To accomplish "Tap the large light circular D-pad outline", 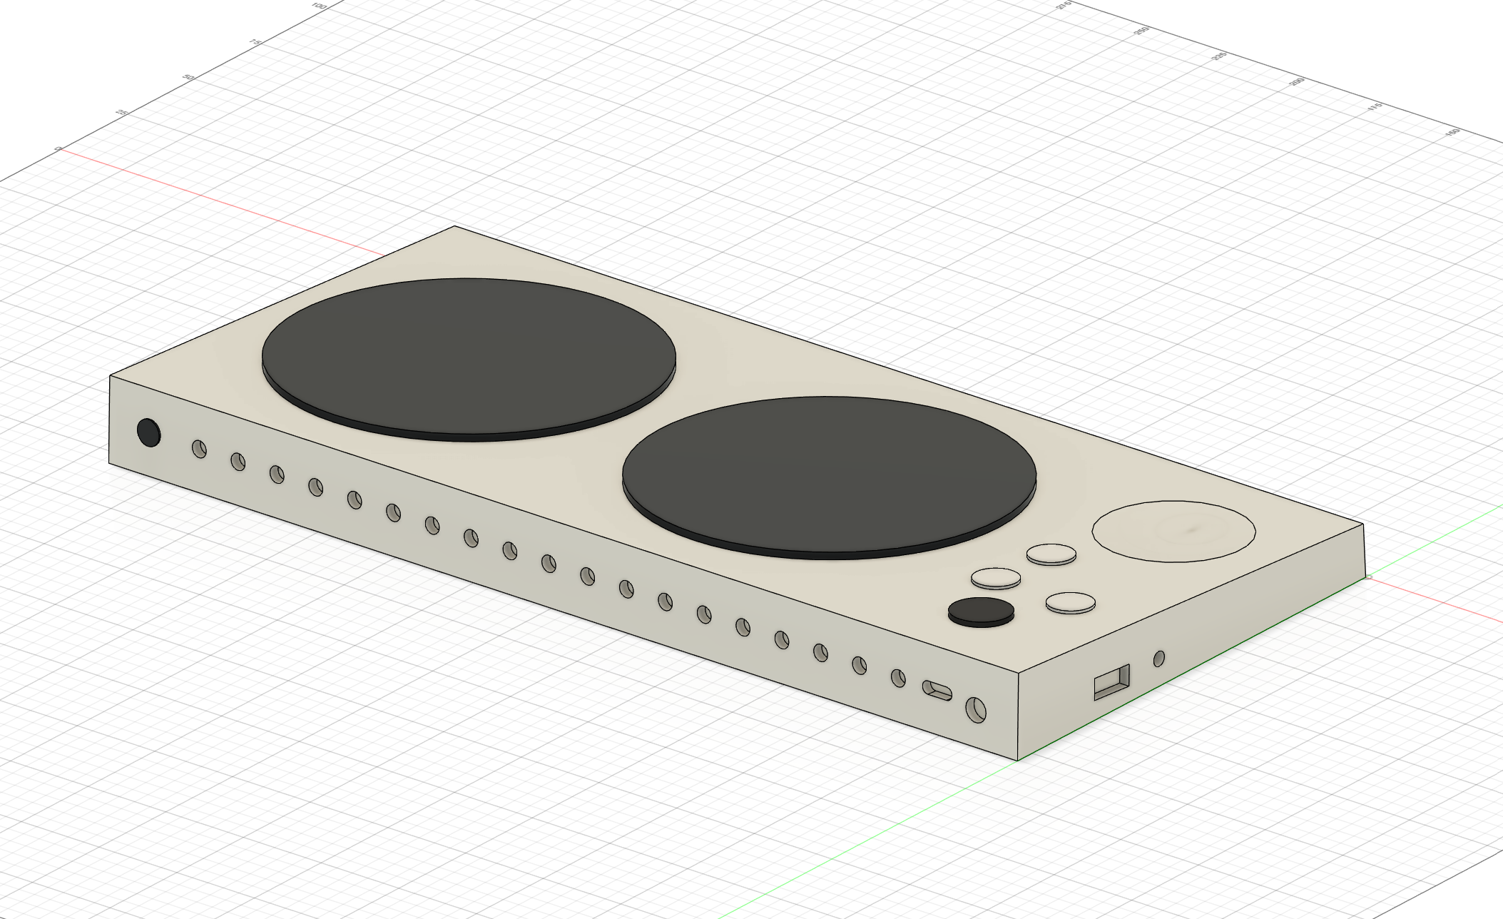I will (x=1173, y=531).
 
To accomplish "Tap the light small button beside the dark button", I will (x=996, y=577).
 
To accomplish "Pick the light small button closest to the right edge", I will (x=1070, y=601).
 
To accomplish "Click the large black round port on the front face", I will (x=148, y=432).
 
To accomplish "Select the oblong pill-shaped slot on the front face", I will (x=937, y=690).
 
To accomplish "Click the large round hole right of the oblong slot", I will (x=976, y=709).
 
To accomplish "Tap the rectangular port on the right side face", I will (x=1112, y=682).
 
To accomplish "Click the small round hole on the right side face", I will (x=1158, y=658).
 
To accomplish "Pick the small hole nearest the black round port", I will (x=199, y=449).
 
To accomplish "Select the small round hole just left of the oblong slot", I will (x=898, y=677).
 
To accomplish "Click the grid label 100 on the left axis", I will (x=318, y=6).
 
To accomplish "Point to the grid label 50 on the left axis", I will (x=188, y=77).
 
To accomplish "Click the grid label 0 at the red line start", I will (x=58, y=148).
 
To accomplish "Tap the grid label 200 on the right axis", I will (x=1296, y=82).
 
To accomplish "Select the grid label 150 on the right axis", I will (x=1452, y=133).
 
